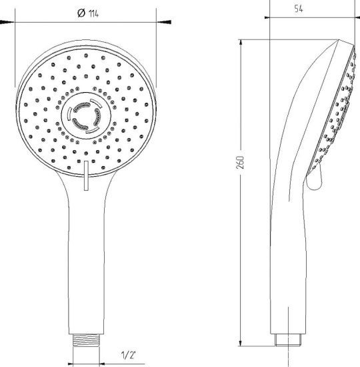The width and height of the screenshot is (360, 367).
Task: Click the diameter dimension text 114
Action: (x=93, y=13)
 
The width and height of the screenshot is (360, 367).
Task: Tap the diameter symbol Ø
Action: (x=81, y=13)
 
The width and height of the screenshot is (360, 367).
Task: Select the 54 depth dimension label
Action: (x=299, y=9)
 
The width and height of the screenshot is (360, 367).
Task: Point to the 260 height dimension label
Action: (x=240, y=162)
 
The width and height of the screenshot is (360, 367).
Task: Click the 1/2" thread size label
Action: (x=129, y=355)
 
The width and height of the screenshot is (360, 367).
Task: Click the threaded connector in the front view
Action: (x=86, y=340)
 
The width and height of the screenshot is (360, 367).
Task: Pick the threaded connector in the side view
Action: (x=288, y=340)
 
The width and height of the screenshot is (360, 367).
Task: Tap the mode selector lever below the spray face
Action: (x=86, y=175)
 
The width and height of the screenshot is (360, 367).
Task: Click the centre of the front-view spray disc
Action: (x=85, y=115)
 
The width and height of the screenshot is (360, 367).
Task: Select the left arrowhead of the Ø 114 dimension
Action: (x=7, y=22)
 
